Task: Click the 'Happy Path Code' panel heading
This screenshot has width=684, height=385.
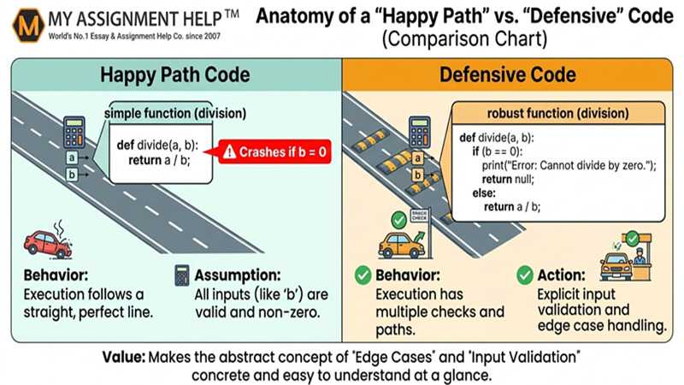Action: tap(171, 74)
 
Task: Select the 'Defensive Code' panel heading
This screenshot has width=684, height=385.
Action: tap(512, 74)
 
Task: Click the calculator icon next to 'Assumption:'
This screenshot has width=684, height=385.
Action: tap(181, 276)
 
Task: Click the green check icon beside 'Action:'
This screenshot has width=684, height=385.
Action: tap(526, 276)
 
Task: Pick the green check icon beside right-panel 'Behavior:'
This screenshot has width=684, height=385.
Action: tap(362, 276)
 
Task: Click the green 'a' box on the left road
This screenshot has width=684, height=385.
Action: tap(74, 158)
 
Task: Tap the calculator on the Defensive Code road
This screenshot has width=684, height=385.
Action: tap(419, 133)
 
